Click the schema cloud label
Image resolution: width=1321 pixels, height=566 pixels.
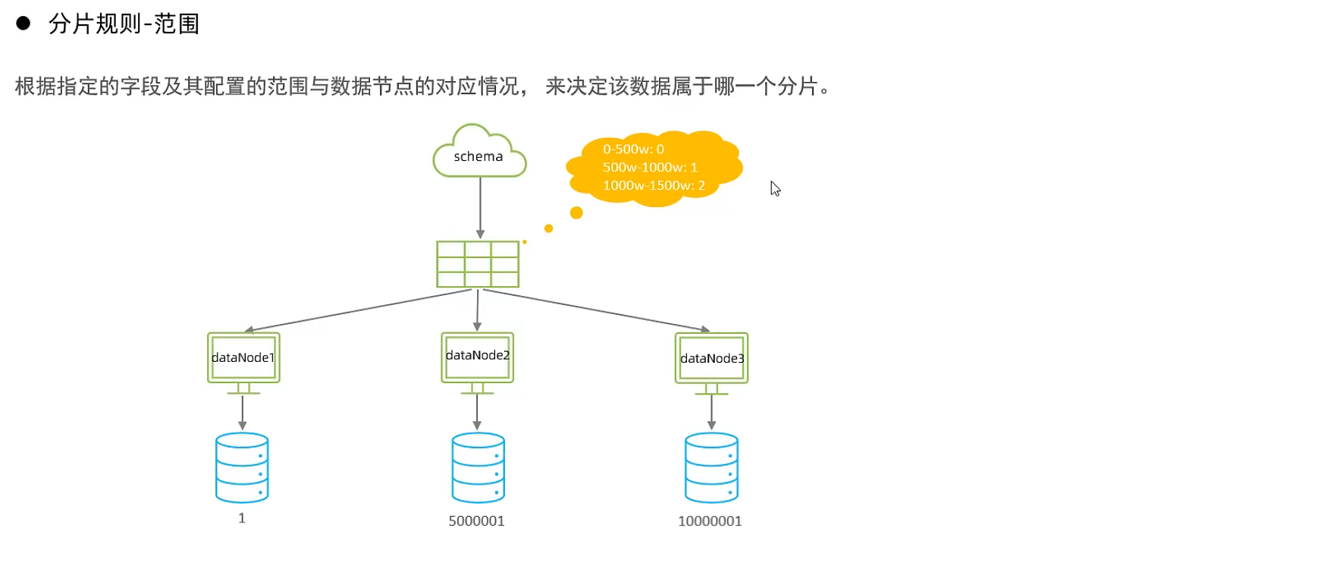(x=479, y=156)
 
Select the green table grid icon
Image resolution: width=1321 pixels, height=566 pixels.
(x=478, y=264)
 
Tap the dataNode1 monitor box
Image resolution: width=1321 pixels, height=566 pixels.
(x=243, y=357)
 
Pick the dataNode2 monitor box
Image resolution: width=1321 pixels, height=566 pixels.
(x=478, y=357)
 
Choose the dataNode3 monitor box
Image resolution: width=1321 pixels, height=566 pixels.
(x=711, y=358)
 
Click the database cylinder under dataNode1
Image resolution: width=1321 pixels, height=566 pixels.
(x=242, y=467)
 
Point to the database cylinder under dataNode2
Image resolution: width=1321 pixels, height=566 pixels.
(x=478, y=467)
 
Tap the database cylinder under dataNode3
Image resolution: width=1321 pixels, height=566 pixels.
(x=711, y=467)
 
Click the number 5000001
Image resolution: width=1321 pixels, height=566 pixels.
(x=476, y=521)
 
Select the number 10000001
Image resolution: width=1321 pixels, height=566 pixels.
(x=710, y=521)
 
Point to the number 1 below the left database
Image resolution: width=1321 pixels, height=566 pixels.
(x=242, y=518)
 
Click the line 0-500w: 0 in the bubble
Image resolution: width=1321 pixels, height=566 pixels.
(x=633, y=149)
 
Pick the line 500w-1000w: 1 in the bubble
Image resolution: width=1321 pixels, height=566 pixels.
(x=650, y=167)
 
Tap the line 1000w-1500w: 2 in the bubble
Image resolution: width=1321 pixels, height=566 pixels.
(x=654, y=185)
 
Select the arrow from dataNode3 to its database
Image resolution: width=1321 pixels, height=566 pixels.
(x=711, y=413)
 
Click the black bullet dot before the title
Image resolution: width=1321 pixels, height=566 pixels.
(x=24, y=24)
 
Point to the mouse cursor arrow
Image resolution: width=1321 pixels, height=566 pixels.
(x=775, y=188)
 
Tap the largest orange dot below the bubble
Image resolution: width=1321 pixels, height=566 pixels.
(x=576, y=212)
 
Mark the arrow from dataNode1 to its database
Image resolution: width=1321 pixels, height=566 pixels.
(x=243, y=413)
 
